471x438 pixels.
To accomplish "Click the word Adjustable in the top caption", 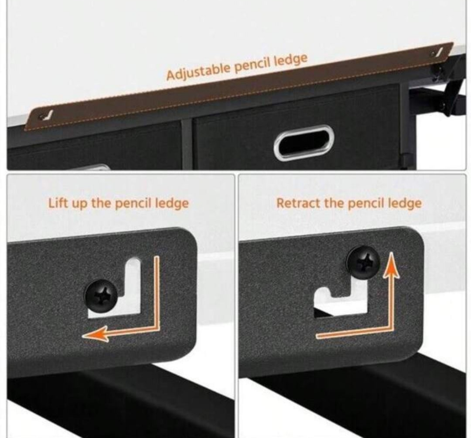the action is (198, 71).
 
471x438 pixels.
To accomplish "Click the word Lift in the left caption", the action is (58, 203).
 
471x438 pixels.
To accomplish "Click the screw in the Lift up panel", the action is (101, 295).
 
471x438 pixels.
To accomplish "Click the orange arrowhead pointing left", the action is (96, 333).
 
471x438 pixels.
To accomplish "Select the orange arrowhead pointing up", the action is (391, 265).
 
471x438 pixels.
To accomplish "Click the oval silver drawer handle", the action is (304, 143).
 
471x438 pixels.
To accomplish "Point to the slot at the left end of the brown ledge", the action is (47, 115).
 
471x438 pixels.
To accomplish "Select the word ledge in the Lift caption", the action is (172, 204).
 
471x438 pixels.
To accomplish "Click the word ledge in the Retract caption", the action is (405, 204).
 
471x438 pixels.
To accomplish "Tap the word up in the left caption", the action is (79, 204).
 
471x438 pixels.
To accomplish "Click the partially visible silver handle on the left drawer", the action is (96, 167).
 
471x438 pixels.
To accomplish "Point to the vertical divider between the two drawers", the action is (186, 145).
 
